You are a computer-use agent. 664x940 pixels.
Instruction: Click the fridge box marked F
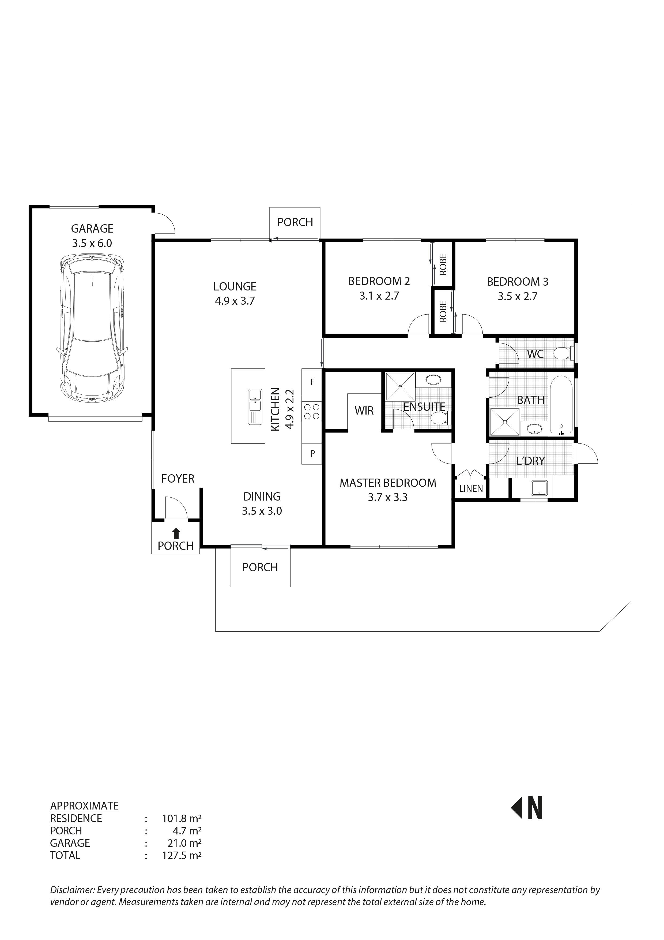[312, 382]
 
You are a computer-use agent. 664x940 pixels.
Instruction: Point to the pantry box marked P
[312, 454]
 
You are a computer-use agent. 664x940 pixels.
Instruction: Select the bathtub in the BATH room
[561, 405]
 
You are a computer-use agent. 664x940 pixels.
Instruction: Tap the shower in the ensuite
[400, 386]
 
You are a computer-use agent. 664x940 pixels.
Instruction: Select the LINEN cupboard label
[471, 488]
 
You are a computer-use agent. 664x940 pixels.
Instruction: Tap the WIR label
[364, 411]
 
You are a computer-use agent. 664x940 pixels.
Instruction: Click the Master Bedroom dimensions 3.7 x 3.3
[387, 497]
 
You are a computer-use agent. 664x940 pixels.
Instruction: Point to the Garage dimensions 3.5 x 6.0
[92, 243]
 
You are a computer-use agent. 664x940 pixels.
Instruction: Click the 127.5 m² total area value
[182, 855]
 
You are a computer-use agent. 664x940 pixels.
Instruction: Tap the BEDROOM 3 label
[517, 282]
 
